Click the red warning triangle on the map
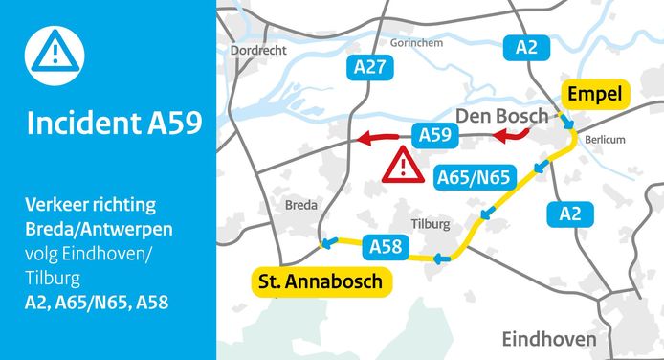[405, 167]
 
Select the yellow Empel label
[594, 94]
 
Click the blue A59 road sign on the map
[431, 135]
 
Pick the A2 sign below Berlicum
[570, 214]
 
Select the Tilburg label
[429, 223]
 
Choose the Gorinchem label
[417, 44]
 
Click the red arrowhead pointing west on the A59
[364, 141]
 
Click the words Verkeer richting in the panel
[92, 206]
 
